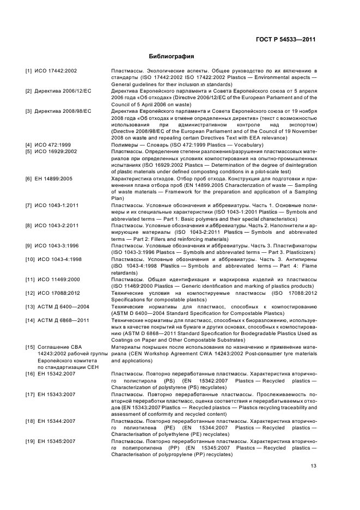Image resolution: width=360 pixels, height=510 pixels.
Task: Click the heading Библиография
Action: [172, 56]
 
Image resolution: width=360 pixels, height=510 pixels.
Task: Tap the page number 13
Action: [313, 465]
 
